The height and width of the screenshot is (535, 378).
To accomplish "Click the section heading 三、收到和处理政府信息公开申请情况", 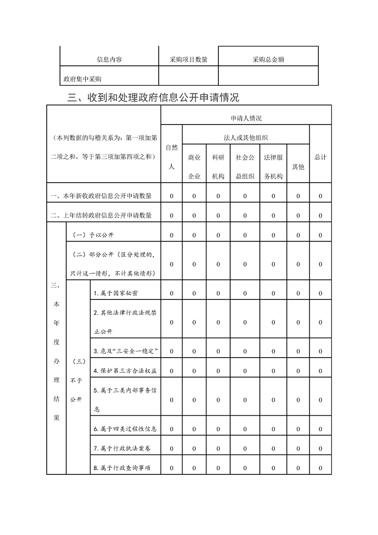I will (153, 98).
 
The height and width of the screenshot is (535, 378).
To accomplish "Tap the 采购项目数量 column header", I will (188, 60).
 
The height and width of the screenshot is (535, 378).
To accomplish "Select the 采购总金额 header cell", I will (268, 60).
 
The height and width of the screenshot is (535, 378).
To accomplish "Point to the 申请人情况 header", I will (246, 118).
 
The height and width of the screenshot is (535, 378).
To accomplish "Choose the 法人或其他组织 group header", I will (245, 138).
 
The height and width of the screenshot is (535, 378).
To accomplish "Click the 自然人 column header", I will (172, 157).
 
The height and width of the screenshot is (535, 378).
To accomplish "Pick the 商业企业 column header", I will (194, 166).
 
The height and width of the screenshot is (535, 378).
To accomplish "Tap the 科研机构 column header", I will (218, 166).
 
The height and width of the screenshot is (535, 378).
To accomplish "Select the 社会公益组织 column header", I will (245, 166).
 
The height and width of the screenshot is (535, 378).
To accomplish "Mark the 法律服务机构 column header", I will (274, 166).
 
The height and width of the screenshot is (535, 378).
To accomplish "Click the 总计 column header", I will (320, 157).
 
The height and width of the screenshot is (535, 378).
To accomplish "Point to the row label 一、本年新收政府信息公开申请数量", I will (102, 196).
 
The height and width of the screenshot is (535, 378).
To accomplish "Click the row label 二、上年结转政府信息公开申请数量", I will (102, 216).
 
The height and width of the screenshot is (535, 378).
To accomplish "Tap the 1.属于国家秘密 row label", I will (116, 293).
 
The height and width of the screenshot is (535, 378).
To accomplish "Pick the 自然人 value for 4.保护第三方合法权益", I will (172, 370).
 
